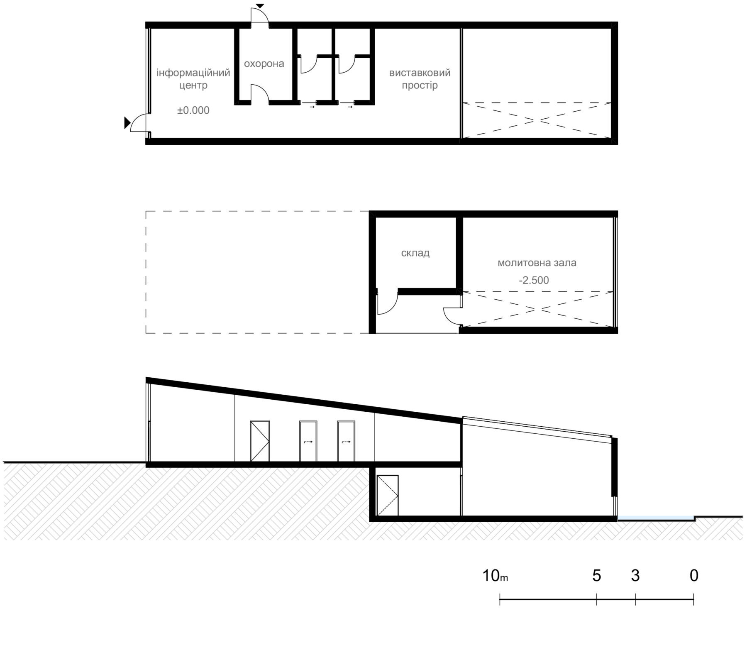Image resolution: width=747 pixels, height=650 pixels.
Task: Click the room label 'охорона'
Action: click(264, 64)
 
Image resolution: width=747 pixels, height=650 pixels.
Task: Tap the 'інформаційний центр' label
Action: click(193, 79)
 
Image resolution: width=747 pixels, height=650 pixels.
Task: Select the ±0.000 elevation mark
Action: click(193, 110)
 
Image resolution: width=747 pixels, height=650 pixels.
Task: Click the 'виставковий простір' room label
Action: click(420, 79)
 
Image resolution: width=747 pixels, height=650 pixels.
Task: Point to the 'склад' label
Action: click(415, 253)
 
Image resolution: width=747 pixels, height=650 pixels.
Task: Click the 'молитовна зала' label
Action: click(537, 263)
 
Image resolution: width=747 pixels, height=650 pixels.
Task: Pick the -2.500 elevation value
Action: click(534, 280)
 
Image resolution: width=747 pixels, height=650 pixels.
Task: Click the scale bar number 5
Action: click(596, 576)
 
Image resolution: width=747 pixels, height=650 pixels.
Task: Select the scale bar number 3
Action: click(635, 576)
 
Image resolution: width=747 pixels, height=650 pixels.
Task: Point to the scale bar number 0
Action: click(694, 576)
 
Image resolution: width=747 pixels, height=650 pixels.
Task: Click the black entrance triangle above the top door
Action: click(260, 6)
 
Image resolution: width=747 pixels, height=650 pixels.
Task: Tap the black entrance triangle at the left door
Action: click(127, 123)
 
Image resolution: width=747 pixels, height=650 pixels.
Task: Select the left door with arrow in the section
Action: click(308, 441)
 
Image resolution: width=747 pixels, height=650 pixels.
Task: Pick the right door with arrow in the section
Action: click(346, 441)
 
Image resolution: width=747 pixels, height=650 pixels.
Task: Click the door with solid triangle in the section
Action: click(260, 441)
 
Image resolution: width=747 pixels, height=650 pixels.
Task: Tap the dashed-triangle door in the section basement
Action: click(388, 495)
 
